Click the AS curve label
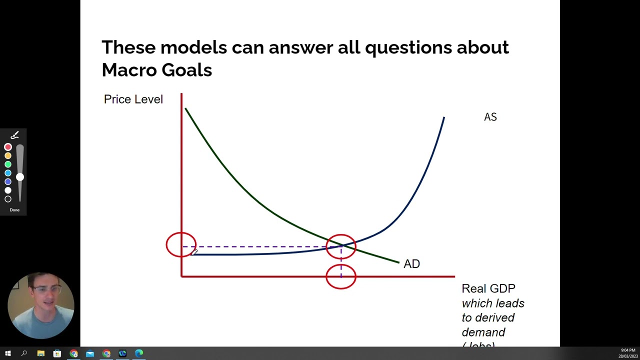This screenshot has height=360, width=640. (490, 117)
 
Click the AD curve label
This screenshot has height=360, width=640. (411, 264)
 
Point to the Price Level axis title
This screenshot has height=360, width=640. (133, 99)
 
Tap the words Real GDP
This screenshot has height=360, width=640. (488, 288)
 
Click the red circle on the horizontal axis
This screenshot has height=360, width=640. (341, 276)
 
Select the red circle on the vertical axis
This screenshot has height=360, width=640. (181, 245)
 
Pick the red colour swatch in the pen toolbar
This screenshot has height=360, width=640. (8, 147)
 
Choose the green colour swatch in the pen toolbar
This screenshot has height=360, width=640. (8, 164)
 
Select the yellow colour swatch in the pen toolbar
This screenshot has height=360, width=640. (8, 156)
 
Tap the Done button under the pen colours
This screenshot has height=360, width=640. (14, 210)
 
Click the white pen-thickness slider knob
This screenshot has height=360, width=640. (19, 177)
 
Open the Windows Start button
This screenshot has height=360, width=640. (8, 353)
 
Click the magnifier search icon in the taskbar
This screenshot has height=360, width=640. (24, 353)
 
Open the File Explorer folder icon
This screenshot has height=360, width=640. (40, 353)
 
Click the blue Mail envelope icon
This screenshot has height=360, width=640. (90, 353)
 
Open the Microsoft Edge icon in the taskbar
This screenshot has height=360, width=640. (139, 353)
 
